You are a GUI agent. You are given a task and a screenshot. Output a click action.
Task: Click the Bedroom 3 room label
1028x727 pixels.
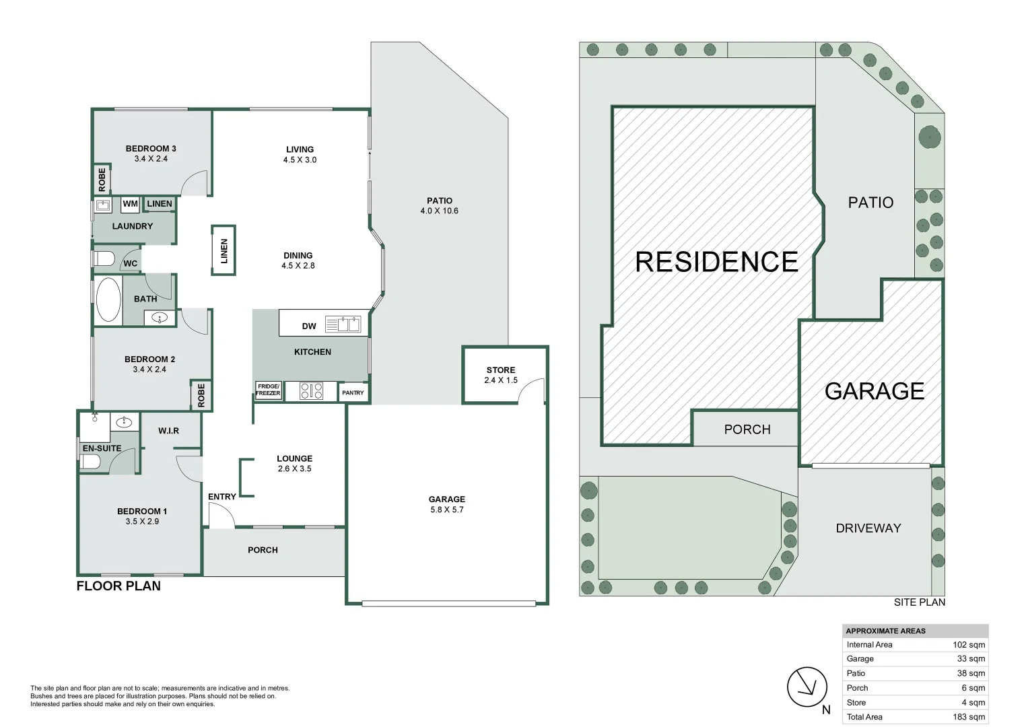(x=151, y=149)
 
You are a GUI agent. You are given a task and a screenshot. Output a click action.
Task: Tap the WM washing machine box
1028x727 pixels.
(x=130, y=204)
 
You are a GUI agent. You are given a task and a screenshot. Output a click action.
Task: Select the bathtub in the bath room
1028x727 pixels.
(x=108, y=300)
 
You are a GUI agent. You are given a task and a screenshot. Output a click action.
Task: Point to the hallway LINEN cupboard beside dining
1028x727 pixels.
(x=224, y=250)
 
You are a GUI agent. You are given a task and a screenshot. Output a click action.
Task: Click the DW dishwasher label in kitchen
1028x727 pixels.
(x=309, y=326)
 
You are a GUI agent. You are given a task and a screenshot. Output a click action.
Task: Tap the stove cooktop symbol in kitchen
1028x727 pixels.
(x=311, y=391)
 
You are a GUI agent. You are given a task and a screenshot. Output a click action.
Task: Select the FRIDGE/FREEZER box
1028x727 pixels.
(x=268, y=390)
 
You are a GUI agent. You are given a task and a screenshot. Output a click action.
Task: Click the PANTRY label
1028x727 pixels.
(x=353, y=392)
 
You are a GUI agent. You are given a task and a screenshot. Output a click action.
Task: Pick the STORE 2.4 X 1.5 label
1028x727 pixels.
(x=501, y=375)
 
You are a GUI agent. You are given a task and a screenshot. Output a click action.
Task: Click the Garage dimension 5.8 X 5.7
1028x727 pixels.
(x=447, y=510)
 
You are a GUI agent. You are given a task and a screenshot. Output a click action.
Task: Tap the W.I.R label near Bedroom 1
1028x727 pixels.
(x=168, y=431)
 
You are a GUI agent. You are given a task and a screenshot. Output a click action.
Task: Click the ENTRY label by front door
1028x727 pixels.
(x=221, y=497)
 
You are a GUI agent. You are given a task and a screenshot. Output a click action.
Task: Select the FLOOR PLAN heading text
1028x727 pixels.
(x=118, y=586)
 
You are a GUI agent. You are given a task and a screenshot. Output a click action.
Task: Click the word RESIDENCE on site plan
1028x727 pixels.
(x=716, y=262)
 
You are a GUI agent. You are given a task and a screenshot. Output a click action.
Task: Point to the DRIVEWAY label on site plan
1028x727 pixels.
(x=868, y=528)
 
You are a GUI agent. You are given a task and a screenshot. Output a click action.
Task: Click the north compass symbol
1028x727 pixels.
(x=807, y=687)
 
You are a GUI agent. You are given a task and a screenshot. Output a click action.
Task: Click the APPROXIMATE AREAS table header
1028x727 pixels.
(x=885, y=631)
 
